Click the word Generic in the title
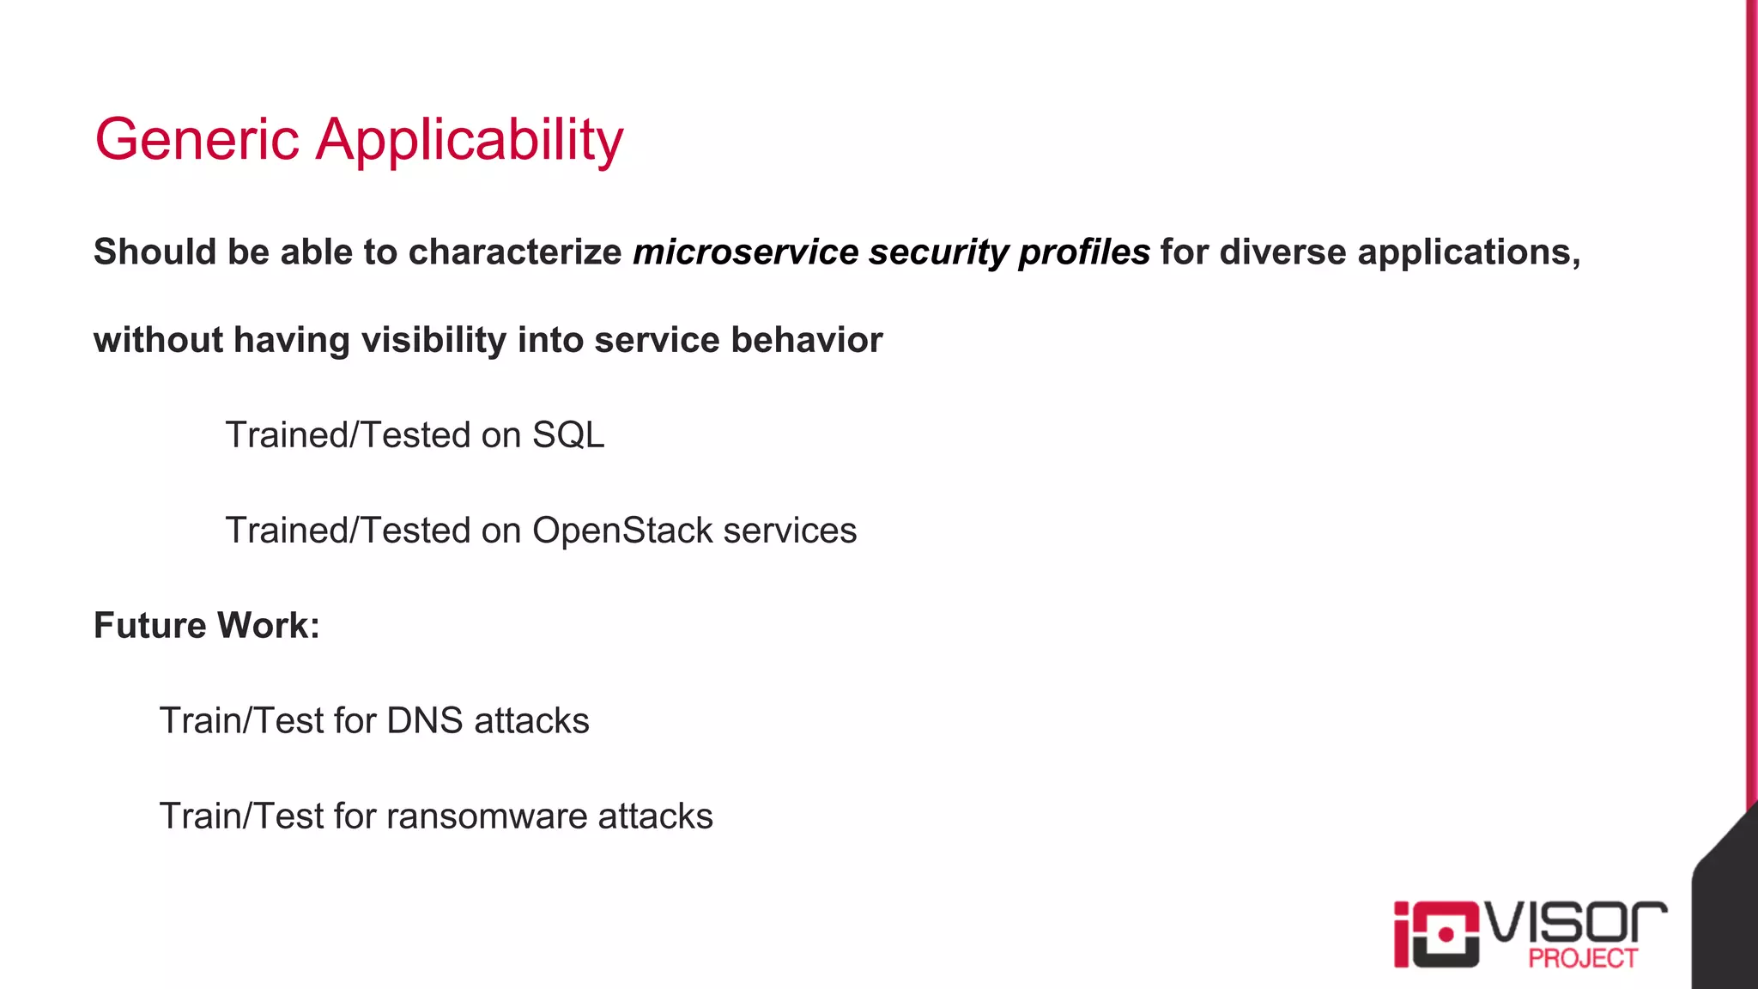[197, 139]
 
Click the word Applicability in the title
[470, 141]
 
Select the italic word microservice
[745, 252]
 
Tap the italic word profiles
[1084, 252]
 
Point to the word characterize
[515, 252]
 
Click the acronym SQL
[568, 435]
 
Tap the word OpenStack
[622, 531]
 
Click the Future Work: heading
[206, 625]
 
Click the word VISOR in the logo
[1576, 924]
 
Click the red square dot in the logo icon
[1446, 934]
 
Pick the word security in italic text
[938, 252]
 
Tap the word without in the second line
[159, 340]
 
